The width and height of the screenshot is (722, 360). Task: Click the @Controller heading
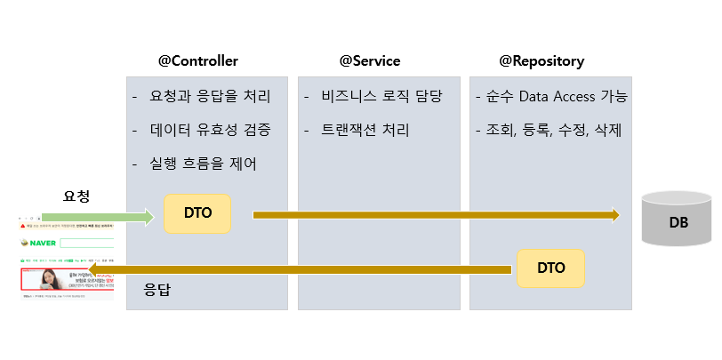click(197, 61)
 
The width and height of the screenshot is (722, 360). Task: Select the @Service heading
click(369, 61)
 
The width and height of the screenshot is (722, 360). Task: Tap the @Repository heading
click(541, 61)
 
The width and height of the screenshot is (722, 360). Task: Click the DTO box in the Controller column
click(197, 214)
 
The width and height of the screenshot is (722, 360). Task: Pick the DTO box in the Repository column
click(550, 268)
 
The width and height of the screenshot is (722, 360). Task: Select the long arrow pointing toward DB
click(436, 214)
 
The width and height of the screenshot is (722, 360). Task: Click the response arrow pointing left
click(302, 268)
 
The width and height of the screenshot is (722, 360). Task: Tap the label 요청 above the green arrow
click(77, 196)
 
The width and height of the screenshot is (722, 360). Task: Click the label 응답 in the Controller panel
click(156, 290)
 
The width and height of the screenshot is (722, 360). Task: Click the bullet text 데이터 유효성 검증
click(210, 130)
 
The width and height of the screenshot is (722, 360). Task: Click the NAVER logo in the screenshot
click(41, 243)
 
